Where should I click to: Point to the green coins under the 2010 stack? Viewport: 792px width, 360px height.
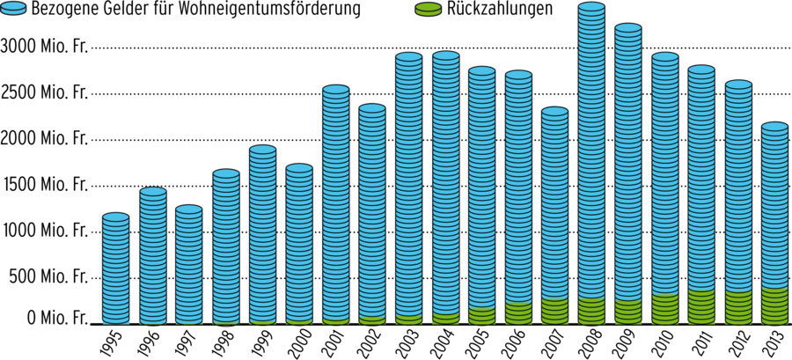click(664, 307)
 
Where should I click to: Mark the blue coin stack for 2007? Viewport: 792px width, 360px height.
click(554, 202)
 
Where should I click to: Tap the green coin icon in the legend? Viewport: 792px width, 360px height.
click(427, 10)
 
